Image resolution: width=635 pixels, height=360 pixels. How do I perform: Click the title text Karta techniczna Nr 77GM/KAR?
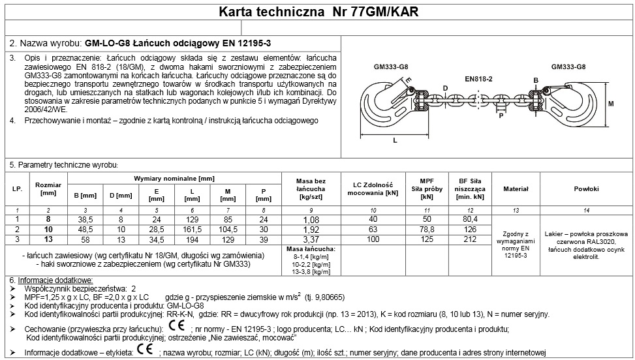pyautogui.click(x=317, y=11)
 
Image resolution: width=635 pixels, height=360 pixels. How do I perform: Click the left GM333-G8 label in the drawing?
pyautogui.click(x=391, y=67)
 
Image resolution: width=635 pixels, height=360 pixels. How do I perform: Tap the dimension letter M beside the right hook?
pyautogui.click(x=612, y=104)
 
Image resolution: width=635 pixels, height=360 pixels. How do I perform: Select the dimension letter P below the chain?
pyautogui.click(x=500, y=116)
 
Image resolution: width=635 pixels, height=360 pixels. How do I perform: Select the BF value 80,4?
pyautogui.click(x=469, y=219)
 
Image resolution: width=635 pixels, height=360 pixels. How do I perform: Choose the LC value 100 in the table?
pyautogui.click(x=373, y=239)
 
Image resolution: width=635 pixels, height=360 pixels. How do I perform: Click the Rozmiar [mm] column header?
pyautogui.click(x=48, y=188)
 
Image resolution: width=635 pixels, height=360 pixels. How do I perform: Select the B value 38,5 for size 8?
pyautogui.click(x=85, y=219)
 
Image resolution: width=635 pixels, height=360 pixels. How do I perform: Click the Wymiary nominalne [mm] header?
pyautogui.click(x=174, y=177)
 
